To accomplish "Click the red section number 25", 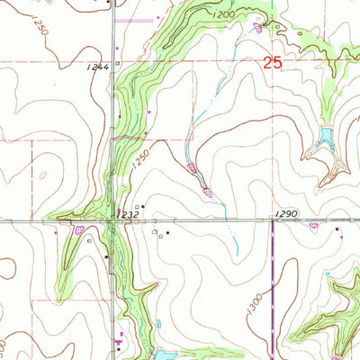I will coord(277,65).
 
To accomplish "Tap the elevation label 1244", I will coord(99,66).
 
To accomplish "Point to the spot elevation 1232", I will coord(126,215).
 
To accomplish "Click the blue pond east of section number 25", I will coord(324,139).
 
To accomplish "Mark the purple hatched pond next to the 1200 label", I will coord(259,28).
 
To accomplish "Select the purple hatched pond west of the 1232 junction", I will coord(80,229).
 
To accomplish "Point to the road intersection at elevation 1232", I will coord(111,220).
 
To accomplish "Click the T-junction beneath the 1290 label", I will coord(274,220).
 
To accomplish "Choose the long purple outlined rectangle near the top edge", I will coord(139,18).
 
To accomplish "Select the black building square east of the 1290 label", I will coord(338,229).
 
